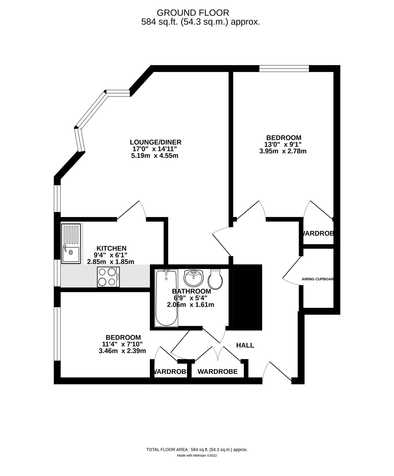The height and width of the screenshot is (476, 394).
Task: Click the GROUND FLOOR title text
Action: tap(193, 13)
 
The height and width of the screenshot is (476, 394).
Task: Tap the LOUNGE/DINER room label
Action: tap(155, 142)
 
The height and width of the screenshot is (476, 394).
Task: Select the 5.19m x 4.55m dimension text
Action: tap(155, 156)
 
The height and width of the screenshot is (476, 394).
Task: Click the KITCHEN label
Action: tap(111, 248)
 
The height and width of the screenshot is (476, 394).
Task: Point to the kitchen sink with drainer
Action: tap(71, 244)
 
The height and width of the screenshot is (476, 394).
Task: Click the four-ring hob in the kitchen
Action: tap(108, 277)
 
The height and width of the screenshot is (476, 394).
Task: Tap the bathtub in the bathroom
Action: tap(166, 297)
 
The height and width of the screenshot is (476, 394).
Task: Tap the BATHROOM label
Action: tap(191, 291)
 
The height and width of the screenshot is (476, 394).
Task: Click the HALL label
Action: tap(245, 345)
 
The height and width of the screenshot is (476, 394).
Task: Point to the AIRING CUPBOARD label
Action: tap(317, 279)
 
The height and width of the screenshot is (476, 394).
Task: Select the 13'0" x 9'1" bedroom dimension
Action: tap(283, 144)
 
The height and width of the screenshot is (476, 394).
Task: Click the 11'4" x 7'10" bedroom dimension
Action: tap(122, 344)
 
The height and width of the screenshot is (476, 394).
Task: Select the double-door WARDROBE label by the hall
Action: tap(218, 372)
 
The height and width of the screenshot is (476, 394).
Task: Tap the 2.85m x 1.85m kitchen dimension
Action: tap(111, 262)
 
